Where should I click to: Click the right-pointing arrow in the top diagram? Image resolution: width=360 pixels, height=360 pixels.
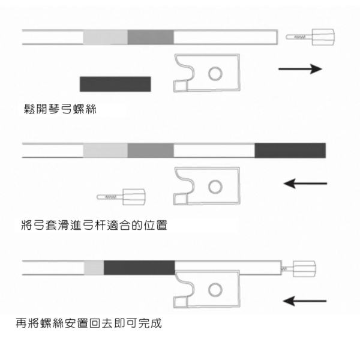300,69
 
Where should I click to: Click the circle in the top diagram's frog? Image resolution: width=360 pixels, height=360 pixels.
214,74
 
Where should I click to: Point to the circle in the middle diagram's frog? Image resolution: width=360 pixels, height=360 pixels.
214,187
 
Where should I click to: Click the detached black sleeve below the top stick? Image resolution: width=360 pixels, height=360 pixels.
115,83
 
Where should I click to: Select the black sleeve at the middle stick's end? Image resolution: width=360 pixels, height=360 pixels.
290,150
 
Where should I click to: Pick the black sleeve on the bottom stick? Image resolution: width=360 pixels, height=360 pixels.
139,267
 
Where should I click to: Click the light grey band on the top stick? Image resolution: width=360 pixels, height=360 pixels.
105,37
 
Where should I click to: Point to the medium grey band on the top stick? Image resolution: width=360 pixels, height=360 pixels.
151,37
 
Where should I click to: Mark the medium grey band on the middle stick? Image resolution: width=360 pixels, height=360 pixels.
151,150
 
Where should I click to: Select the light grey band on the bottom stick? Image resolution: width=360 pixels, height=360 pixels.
94,267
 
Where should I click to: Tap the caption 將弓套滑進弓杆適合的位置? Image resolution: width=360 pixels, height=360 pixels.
92,226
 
